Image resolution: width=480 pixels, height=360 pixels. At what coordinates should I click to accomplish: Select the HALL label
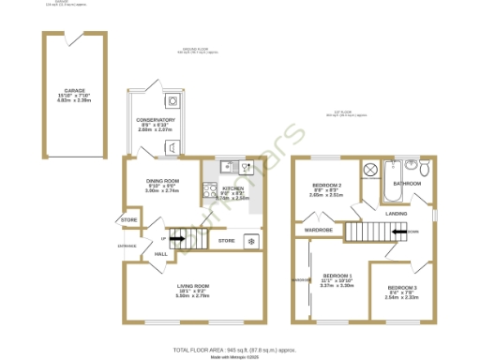pos(161,253)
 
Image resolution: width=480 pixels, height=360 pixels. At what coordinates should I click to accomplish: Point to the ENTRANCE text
pos(127,246)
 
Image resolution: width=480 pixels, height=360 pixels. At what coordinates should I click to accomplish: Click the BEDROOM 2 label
pos(325,186)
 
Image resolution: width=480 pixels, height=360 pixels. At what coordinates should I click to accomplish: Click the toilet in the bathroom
pos(423,169)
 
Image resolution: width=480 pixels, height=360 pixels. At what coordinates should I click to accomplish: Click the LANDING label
pos(397,214)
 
